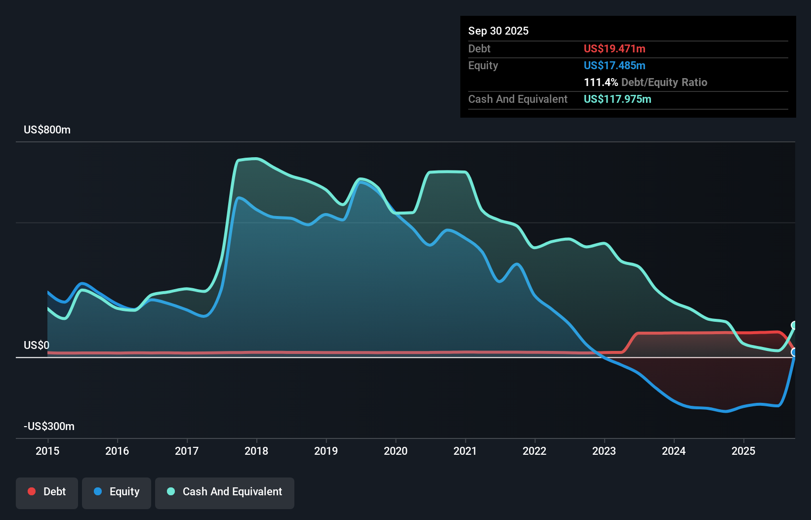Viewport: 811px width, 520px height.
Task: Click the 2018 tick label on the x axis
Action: (x=256, y=451)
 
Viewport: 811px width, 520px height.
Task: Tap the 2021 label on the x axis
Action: (x=465, y=451)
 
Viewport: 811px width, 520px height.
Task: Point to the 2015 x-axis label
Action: (x=47, y=451)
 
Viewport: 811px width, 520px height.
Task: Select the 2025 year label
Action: (x=743, y=451)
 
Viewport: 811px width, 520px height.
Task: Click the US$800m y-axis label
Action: (x=47, y=130)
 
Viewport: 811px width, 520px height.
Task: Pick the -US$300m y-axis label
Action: (x=49, y=427)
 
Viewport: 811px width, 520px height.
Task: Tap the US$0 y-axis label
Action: (x=37, y=345)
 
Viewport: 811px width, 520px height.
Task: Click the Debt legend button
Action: (x=47, y=492)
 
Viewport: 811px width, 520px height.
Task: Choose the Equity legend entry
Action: (x=117, y=492)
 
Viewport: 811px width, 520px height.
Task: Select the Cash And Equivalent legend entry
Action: (x=225, y=492)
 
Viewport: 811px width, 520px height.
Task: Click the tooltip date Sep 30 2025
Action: (x=498, y=31)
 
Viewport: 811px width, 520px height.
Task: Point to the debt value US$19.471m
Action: (x=614, y=49)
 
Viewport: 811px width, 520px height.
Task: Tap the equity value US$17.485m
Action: (x=614, y=66)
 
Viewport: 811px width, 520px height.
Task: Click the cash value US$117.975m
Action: (x=617, y=99)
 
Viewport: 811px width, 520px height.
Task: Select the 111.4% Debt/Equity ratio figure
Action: (x=601, y=83)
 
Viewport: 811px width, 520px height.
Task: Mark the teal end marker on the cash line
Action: (x=794, y=325)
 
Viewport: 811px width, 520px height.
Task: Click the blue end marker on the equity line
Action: (x=794, y=352)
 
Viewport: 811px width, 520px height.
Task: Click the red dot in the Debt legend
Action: (x=32, y=491)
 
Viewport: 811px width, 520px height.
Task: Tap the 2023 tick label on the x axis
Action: (x=604, y=451)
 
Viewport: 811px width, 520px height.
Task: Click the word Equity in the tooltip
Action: (x=483, y=66)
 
